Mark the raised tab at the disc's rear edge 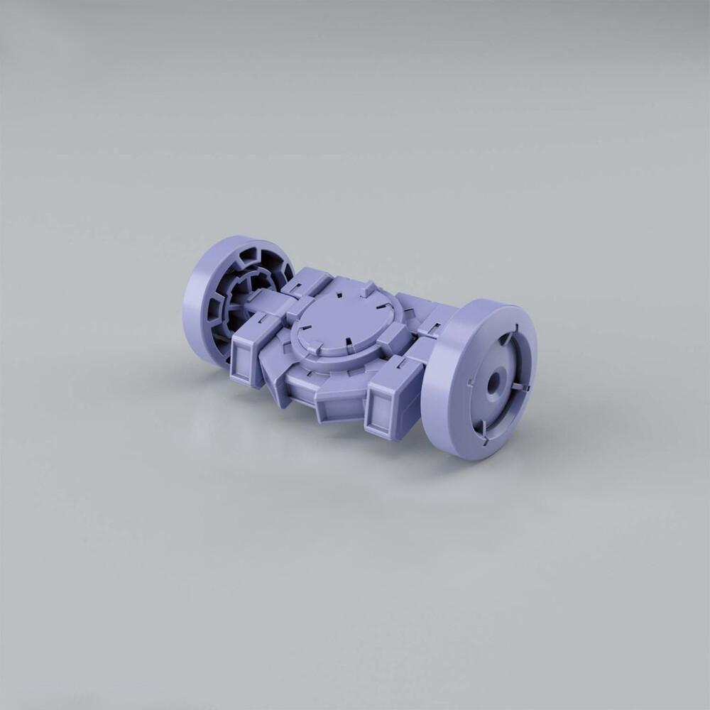pos(368,289)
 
